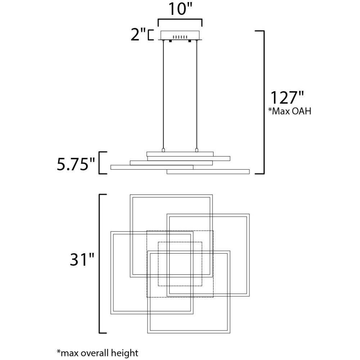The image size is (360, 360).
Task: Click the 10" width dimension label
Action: click(180, 9)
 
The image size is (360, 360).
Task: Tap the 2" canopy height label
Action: click(138, 35)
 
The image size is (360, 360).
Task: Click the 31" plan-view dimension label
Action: click(82, 260)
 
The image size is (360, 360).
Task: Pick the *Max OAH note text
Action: click(290, 111)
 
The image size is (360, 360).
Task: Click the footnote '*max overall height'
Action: click(97, 353)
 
